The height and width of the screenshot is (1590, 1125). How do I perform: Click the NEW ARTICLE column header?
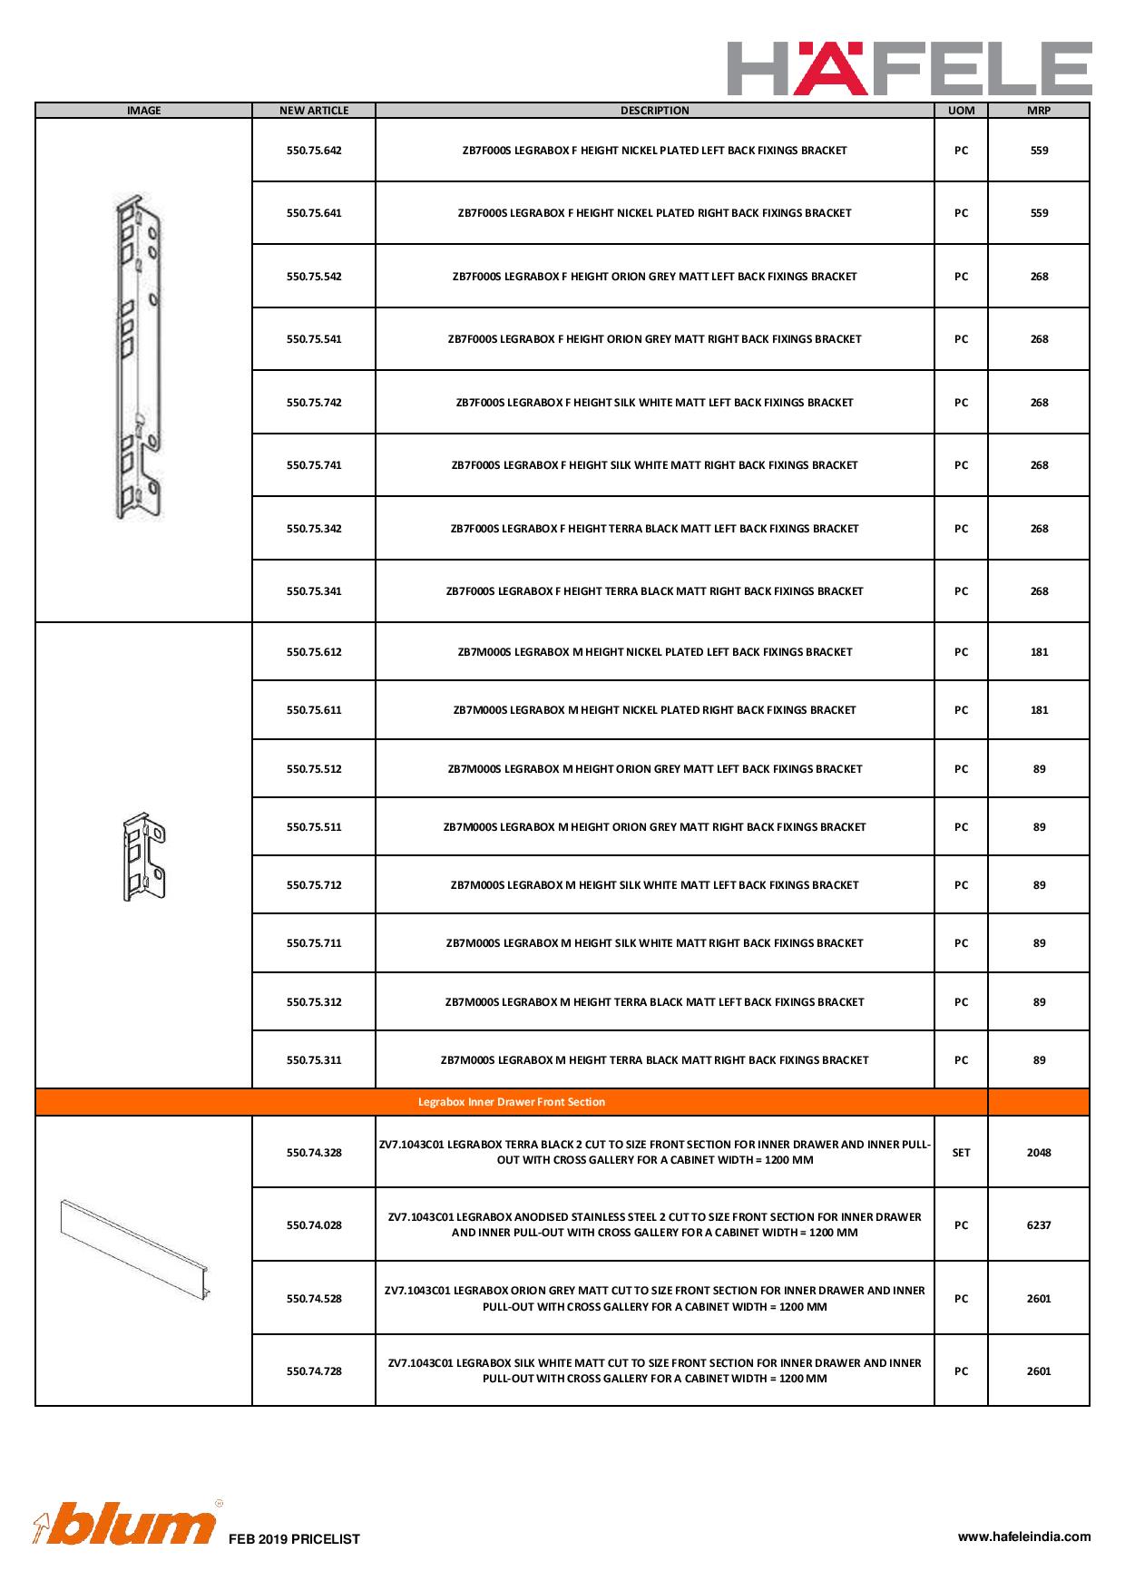pyautogui.click(x=314, y=111)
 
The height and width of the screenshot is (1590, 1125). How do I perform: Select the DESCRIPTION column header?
pyautogui.click(x=654, y=111)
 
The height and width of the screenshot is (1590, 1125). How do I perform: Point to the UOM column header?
pyautogui.click(x=961, y=111)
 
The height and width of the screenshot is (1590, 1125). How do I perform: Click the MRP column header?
pyautogui.click(x=1039, y=111)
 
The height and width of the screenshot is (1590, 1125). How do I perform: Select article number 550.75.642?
pyautogui.click(x=314, y=151)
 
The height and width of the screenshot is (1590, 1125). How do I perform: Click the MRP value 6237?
pyautogui.click(x=1039, y=1225)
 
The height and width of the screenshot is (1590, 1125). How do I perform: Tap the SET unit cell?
pyautogui.click(x=961, y=1153)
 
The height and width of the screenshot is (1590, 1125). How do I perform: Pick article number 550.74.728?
pyautogui.click(x=314, y=1371)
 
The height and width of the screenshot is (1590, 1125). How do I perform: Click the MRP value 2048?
pyautogui.click(x=1039, y=1153)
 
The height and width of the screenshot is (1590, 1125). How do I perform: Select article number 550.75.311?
pyautogui.click(x=314, y=1060)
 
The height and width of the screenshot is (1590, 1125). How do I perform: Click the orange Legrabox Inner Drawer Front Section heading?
pyautogui.click(x=512, y=1102)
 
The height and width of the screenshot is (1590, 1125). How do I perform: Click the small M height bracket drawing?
pyautogui.click(x=144, y=856)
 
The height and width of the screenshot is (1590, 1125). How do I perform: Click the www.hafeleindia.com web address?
pyautogui.click(x=1024, y=1536)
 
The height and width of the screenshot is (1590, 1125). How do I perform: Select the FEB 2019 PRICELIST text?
pyautogui.click(x=294, y=1539)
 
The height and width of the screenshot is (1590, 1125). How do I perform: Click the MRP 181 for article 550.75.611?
pyautogui.click(x=1039, y=710)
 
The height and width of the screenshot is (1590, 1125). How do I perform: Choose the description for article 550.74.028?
pyautogui.click(x=654, y=1225)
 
